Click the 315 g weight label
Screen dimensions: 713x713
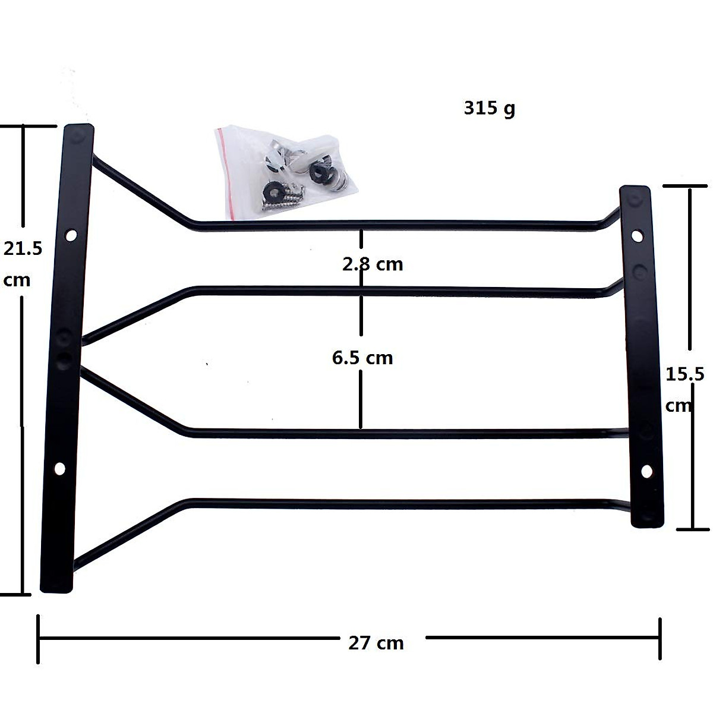pos(489,109)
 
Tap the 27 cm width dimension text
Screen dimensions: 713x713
pos(376,642)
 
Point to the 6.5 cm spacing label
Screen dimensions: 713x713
pos(362,358)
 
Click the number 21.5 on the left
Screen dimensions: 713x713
pos(23,248)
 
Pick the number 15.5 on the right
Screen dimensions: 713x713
pos(684,374)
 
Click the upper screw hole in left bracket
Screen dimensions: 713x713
pos(71,235)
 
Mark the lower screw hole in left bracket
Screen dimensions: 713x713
pos(59,469)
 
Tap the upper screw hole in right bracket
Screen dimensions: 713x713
pos(636,236)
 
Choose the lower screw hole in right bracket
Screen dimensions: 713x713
pos(646,471)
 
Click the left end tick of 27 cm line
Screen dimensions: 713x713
pos(39,638)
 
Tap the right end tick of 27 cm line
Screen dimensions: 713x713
pos(660,638)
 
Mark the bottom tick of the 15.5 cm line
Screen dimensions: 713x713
pos(691,528)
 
